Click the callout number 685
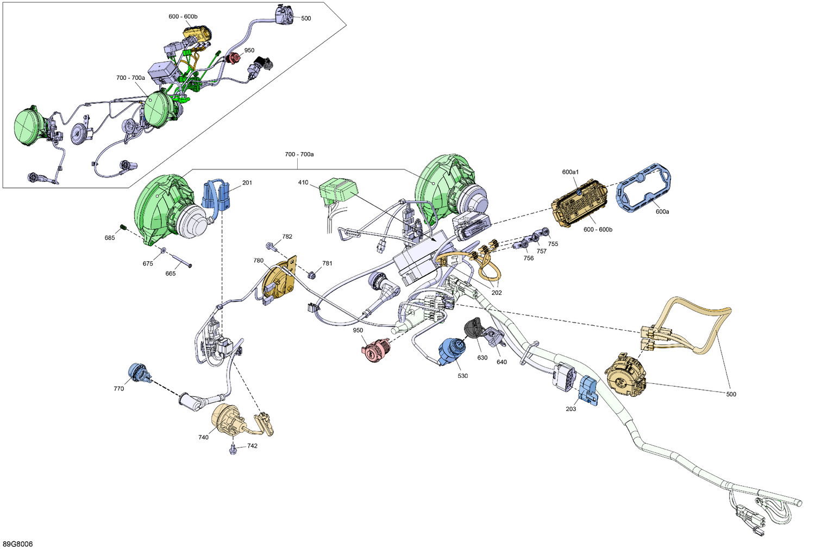[110, 238]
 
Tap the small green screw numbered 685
[123, 228]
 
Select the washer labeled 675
[163, 250]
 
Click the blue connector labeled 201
[216, 195]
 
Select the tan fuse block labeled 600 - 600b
[580, 204]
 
